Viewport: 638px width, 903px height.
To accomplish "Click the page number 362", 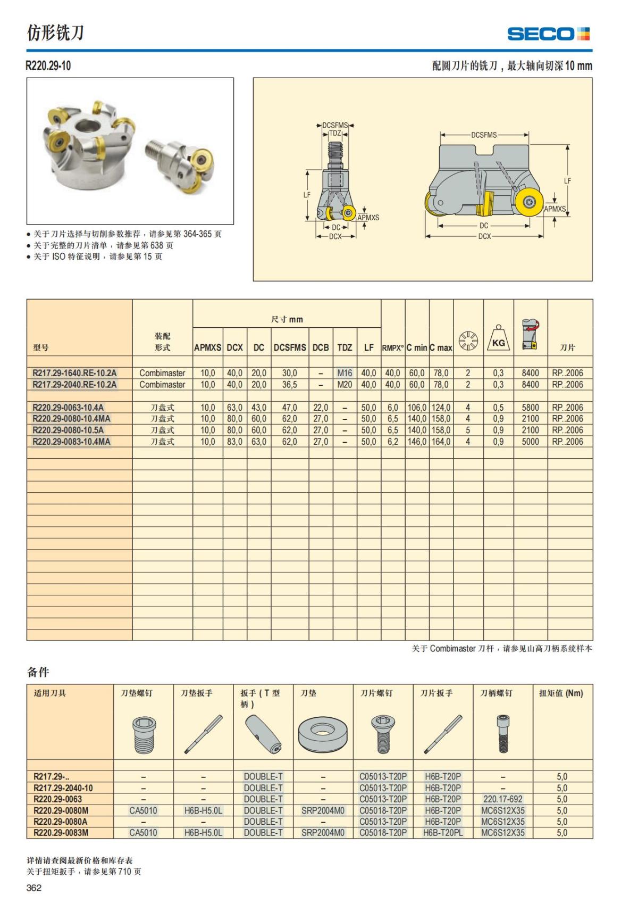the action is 34,887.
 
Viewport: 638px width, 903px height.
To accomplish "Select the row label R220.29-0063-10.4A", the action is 68,407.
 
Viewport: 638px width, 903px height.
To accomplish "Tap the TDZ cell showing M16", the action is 345,373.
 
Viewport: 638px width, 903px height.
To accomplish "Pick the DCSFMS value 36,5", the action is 289,385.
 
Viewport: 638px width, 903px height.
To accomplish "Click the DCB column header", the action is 321,347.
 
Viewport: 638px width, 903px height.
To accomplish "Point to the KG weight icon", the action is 498,338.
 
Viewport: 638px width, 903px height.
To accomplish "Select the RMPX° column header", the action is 393,348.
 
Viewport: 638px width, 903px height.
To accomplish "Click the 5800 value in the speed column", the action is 530,408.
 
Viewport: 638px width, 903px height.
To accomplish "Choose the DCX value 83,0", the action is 234,442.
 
